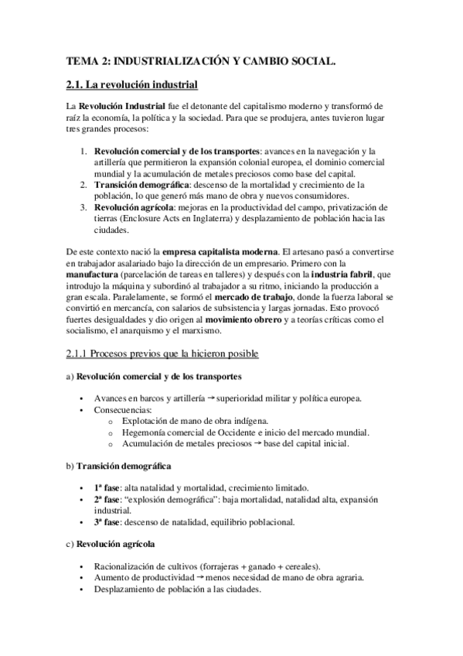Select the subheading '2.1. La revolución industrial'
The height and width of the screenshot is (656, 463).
pyautogui.click(x=132, y=84)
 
